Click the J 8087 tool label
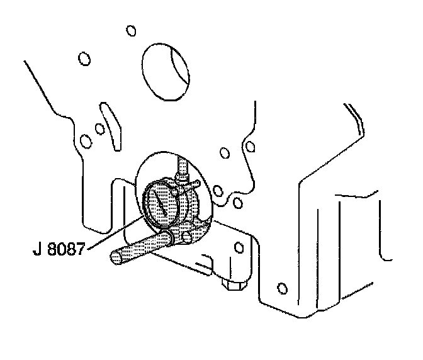coord(60,242)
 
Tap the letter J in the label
coord(37,242)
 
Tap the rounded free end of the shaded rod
coord(115,256)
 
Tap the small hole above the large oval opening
coord(131,30)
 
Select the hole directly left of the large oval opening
coord(82,59)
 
